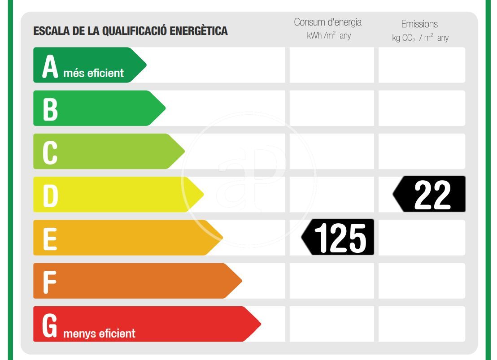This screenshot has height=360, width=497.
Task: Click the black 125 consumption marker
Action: [x=339, y=237]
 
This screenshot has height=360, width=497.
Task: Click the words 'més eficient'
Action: [x=93, y=73]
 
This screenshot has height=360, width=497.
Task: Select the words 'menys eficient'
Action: [x=99, y=334]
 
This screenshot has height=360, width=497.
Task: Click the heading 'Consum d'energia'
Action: [x=327, y=22]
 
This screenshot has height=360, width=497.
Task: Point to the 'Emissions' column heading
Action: [x=419, y=24]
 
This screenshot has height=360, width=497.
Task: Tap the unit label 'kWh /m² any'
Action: [x=328, y=36]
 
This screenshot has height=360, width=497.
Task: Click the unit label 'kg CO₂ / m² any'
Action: [x=420, y=38]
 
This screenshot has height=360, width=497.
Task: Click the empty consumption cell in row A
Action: [x=331, y=65]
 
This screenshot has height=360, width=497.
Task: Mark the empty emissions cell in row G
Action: [x=422, y=324]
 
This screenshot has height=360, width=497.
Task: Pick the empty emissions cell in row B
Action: [x=422, y=108]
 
